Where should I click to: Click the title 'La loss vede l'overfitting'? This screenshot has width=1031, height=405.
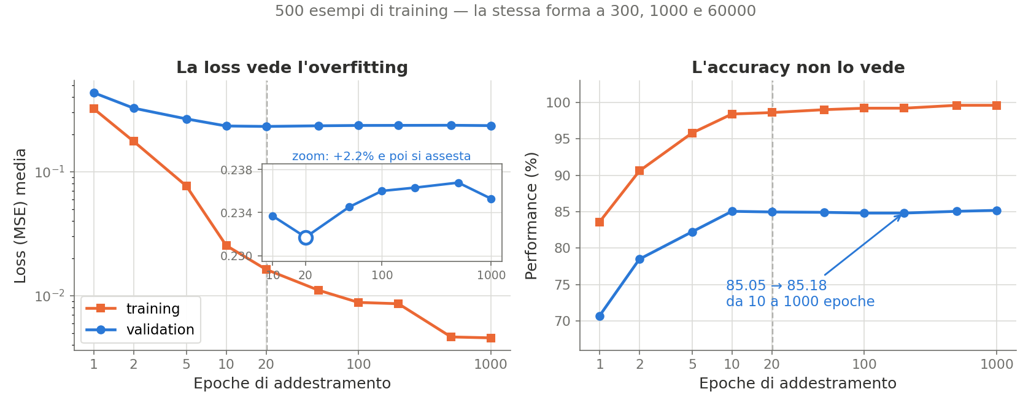coord(292,67)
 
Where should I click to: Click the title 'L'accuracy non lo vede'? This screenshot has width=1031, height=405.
coord(798,67)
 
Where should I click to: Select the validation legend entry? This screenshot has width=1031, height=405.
coord(140,330)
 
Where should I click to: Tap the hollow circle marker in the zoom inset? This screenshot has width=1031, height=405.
coord(306,238)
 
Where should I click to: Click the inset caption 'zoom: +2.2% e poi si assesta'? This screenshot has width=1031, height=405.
coord(382,156)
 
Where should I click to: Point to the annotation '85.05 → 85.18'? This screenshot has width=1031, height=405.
coord(776,285)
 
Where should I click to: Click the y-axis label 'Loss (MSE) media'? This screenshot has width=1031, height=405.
coord(20,215)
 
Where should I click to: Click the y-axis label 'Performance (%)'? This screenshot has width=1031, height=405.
coord(531,215)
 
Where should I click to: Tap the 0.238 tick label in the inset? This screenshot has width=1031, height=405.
coord(237,171)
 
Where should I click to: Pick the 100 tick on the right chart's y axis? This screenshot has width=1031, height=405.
coord(558,102)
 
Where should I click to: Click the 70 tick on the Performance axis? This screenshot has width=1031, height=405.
coord(562,322)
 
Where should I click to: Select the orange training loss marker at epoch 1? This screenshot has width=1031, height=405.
coord(94,109)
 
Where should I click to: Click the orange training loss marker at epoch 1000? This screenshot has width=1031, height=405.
coord(491,338)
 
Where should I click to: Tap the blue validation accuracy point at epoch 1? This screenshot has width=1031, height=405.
coord(600,316)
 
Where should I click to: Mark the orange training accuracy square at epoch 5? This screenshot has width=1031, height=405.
coord(692,134)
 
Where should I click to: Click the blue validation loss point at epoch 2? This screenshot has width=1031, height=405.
coord(134,109)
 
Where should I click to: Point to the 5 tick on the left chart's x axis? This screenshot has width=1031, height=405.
coord(187,364)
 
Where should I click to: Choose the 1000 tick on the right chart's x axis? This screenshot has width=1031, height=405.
coord(997,364)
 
